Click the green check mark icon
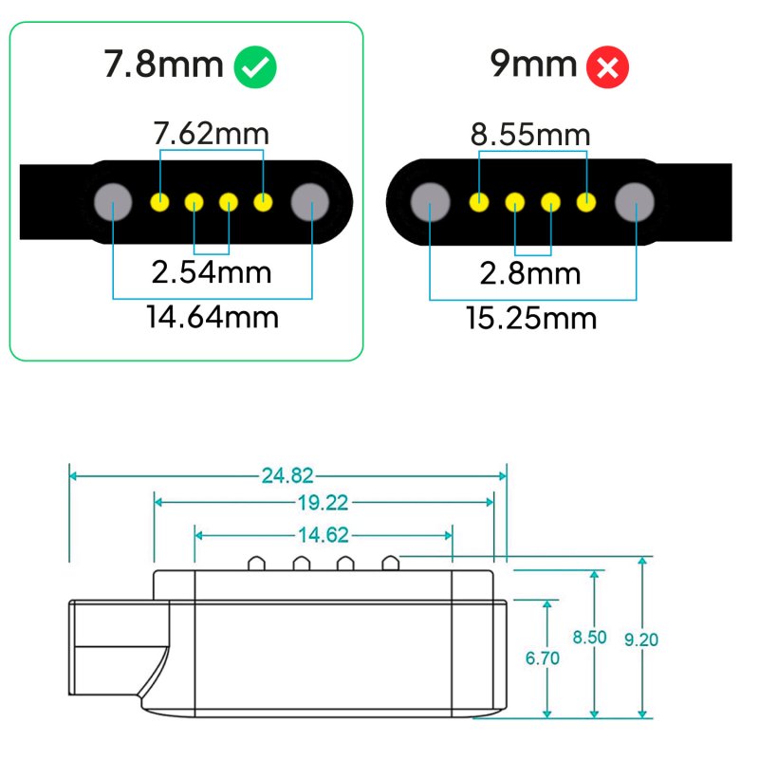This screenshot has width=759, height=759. [x=256, y=66]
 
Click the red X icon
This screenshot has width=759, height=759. [x=607, y=66]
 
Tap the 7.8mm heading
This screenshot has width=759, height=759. [x=164, y=65]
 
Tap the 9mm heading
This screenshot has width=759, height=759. [x=533, y=65]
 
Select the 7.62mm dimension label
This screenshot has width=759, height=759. [x=211, y=134]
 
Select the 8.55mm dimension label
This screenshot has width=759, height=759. [x=531, y=135]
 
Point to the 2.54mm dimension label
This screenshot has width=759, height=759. [x=212, y=272]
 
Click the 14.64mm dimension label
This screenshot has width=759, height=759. [x=213, y=315]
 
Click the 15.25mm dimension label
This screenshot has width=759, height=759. [x=531, y=317]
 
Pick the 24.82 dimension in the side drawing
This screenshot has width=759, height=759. [x=287, y=475]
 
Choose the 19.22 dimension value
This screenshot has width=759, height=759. [x=324, y=503]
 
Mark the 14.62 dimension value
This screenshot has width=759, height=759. [x=324, y=535]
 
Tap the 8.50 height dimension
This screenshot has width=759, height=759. [x=589, y=638]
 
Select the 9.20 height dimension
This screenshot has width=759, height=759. [x=641, y=639]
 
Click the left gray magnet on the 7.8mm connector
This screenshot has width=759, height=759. [x=114, y=201]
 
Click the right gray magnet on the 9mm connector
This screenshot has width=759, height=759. [x=635, y=202]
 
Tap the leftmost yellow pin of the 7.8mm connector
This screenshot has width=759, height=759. [x=160, y=201]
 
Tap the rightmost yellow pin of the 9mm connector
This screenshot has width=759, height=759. [x=587, y=202]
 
